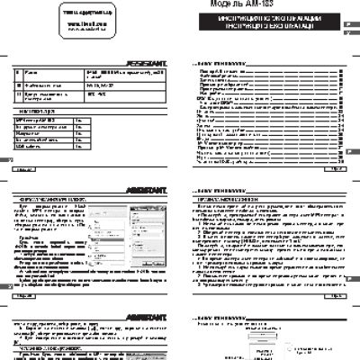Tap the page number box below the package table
pyautogui.click(x=26, y=168)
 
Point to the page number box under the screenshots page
pyautogui.click(x=26, y=292)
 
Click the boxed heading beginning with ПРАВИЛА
pyautogui.click(x=223, y=199)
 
